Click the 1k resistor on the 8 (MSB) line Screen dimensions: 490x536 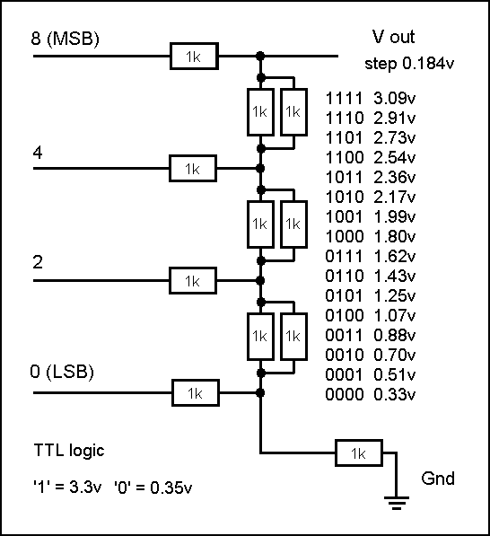pyautogui.click(x=194, y=56)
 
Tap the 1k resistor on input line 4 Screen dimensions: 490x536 pyautogui.click(x=193, y=169)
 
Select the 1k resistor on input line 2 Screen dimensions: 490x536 pyautogui.click(x=193, y=281)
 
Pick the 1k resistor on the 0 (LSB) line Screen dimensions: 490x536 pyautogui.click(x=195, y=392)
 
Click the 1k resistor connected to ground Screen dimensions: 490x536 pyautogui.click(x=359, y=453)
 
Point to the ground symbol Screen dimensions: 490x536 pyautogui.click(x=397, y=503)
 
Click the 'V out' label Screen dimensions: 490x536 pyautogui.click(x=393, y=37)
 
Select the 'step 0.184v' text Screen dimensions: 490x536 pyautogui.click(x=409, y=64)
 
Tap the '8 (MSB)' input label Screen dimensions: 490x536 pyautogui.click(x=65, y=39)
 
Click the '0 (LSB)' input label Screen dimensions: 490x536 pyautogui.click(x=62, y=372)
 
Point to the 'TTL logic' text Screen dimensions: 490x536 pyautogui.click(x=69, y=450)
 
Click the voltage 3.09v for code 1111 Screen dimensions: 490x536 pyautogui.click(x=394, y=99)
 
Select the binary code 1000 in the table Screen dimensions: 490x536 pyautogui.click(x=344, y=236)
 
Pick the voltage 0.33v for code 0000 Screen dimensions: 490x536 pyautogui.click(x=394, y=394)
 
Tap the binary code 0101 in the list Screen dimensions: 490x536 pyautogui.click(x=344, y=295)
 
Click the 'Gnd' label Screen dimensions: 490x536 pyautogui.click(x=438, y=479)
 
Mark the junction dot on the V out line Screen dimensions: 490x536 pyautogui.click(x=260, y=56)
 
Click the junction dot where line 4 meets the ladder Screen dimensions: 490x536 pyautogui.click(x=260, y=169)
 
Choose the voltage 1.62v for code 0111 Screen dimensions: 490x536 pyautogui.click(x=394, y=256)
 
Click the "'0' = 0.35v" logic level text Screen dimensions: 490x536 pyautogui.click(x=153, y=487)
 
